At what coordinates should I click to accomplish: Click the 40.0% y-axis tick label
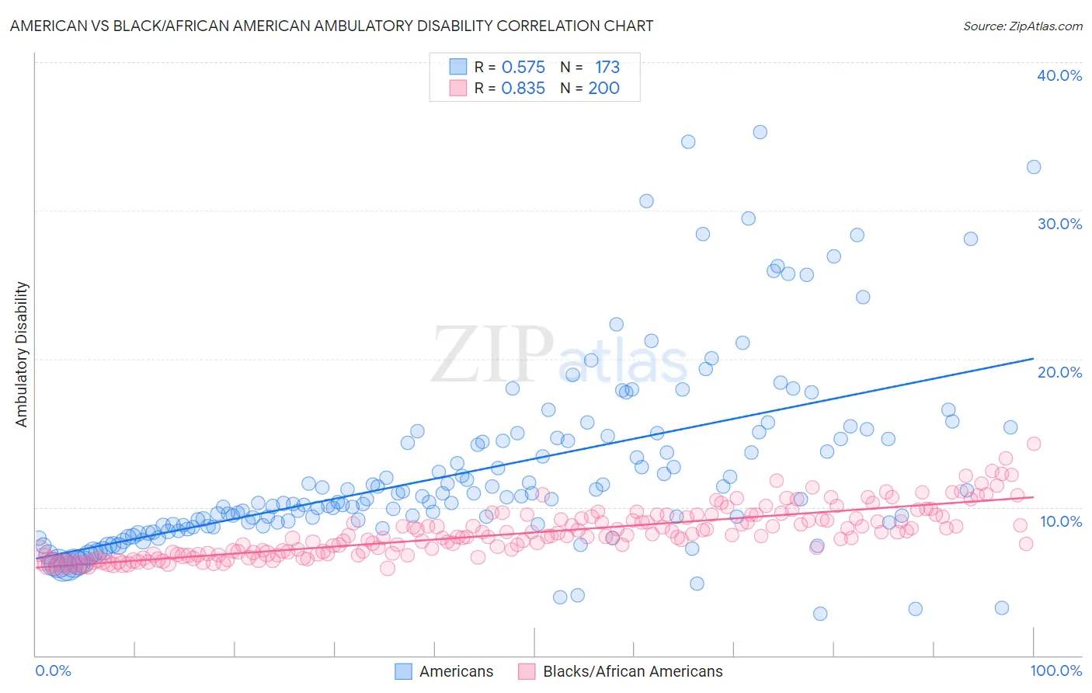pos(1059,75)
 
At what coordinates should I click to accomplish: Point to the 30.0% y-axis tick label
pos(1059,224)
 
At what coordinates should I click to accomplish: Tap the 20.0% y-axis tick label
pos(1059,372)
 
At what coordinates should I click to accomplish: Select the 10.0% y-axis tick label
pos(1061,521)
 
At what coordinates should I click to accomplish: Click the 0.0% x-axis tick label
pos(53,670)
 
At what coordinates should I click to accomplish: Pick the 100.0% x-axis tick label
pos(1055,670)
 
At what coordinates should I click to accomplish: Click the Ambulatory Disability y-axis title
pos(22,354)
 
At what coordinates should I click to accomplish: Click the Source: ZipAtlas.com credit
pos(1022,26)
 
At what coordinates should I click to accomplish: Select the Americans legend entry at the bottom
pos(444,671)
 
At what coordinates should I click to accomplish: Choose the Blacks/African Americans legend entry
pos(620,671)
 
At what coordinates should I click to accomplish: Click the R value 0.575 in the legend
pos(523,68)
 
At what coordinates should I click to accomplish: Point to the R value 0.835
pos(523,89)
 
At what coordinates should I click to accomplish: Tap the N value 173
pos(607,68)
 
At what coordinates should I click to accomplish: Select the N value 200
pos(603,89)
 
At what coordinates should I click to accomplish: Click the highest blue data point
pos(760,132)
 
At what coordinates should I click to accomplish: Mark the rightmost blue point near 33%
pos(1033,167)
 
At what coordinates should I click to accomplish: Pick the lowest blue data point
pos(820,614)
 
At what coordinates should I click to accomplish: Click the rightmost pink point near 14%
pos(1033,444)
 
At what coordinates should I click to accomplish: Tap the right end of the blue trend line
pos(1033,358)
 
